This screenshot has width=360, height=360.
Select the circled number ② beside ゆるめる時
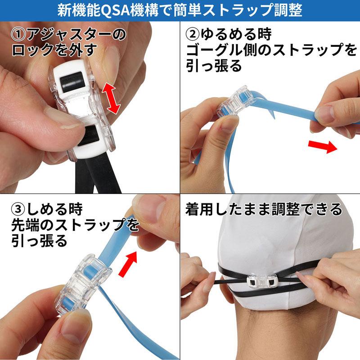click(x=193, y=35)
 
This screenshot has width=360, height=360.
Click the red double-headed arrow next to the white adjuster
click(x=111, y=98)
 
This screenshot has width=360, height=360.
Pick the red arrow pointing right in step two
click(x=323, y=147)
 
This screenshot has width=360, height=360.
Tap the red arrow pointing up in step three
click(x=128, y=264)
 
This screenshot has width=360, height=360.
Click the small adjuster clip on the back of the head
click(x=262, y=282)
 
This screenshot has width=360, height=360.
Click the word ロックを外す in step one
click(x=54, y=50)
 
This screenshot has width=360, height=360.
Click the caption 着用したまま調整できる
click(x=264, y=209)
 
